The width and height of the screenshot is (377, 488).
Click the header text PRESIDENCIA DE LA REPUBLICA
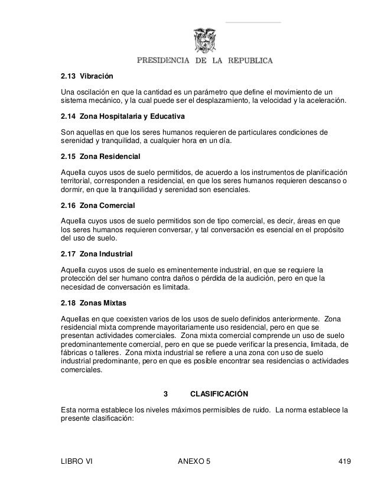205,60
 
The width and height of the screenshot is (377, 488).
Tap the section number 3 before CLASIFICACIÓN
165,393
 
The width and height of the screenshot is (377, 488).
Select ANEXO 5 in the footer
194,460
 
